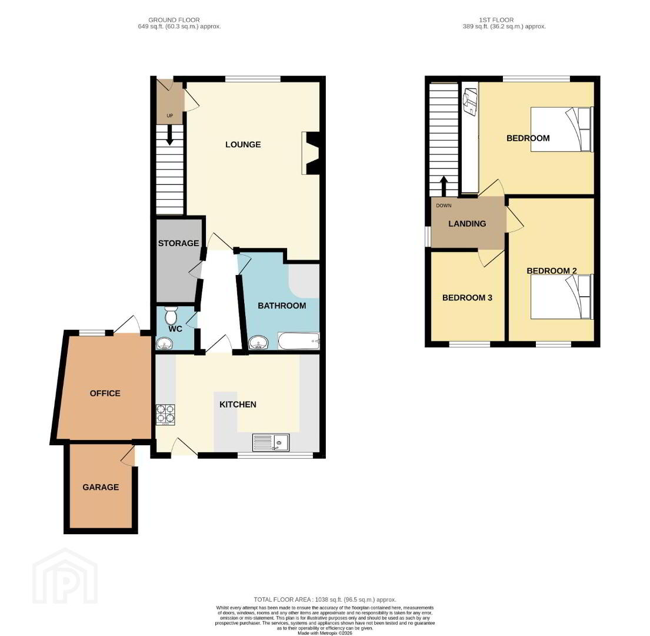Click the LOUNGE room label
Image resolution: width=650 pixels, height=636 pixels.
pyautogui.click(x=243, y=144)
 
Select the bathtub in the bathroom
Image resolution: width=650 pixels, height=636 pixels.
pyautogui.click(x=299, y=342)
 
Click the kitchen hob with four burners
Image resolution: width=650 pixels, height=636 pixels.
pyautogui.click(x=165, y=415)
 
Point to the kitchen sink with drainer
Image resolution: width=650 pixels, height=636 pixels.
pyautogui.click(x=271, y=443)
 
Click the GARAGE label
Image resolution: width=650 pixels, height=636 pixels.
pyautogui.click(x=101, y=487)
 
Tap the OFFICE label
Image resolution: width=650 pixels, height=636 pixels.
pyautogui.click(x=105, y=393)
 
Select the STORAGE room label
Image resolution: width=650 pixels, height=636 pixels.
pyautogui.click(x=178, y=243)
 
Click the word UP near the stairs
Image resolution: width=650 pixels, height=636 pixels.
pyautogui.click(x=169, y=116)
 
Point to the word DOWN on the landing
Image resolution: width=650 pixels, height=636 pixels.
pyautogui.click(x=444, y=206)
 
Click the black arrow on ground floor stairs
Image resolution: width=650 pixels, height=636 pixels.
pyautogui.click(x=169, y=135)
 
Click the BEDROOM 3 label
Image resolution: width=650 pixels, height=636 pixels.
pyautogui.click(x=467, y=297)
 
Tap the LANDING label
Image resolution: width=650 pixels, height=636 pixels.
pyautogui.click(x=467, y=224)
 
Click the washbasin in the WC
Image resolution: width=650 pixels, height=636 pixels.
pyautogui.click(x=165, y=343)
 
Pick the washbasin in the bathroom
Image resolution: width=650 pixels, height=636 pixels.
pyautogui.click(x=259, y=343)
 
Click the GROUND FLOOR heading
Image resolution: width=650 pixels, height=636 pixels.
pyautogui.click(x=174, y=20)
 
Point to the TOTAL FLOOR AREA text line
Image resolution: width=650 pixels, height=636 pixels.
pyautogui.click(x=325, y=599)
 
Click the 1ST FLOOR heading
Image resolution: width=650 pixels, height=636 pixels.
pyautogui.click(x=496, y=20)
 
